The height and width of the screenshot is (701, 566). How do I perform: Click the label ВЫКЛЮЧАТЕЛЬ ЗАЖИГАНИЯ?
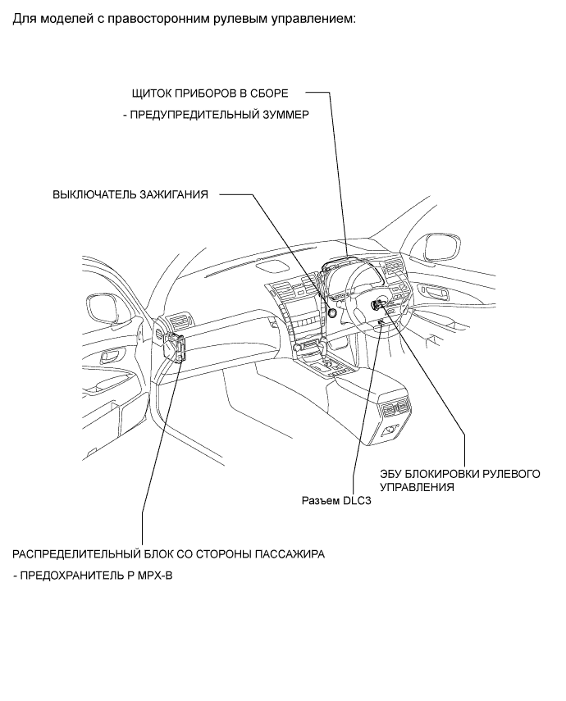coord(130,195)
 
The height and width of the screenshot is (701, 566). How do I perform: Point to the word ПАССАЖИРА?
coord(290,553)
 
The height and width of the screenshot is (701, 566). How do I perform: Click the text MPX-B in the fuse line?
coord(157,576)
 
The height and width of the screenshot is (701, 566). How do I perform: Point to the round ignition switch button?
coord(333,311)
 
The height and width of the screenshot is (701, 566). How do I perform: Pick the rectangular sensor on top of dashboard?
coord(272,264)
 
